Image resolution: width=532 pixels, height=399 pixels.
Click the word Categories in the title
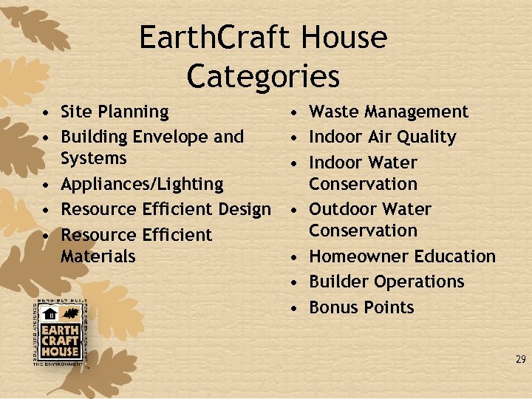click(x=263, y=76)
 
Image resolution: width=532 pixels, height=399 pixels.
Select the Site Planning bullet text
click(x=115, y=112)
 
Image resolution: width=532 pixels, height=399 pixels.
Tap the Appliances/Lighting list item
click(x=142, y=184)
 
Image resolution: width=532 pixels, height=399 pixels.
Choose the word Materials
click(x=98, y=256)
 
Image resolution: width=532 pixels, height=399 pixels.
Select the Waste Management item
click(x=388, y=112)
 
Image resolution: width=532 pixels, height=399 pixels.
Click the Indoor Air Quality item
click(x=382, y=137)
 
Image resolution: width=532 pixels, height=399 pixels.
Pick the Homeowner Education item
click(x=402, y=256)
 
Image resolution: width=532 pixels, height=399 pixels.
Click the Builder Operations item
click(x=386, y=282)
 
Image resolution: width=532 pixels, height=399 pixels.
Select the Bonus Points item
click(x=361, y=307)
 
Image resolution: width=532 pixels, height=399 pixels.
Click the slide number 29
click(x=520, y=360)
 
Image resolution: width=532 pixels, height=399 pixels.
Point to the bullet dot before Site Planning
click(x=46, y=112)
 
